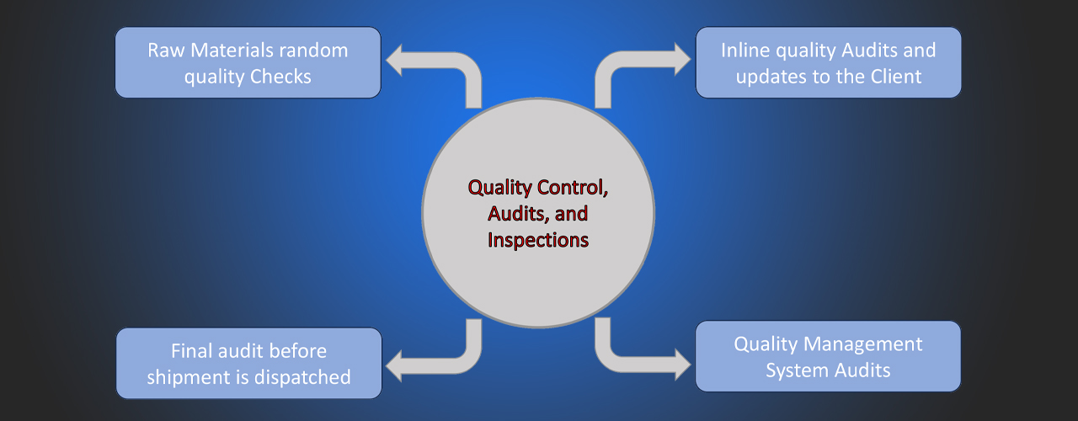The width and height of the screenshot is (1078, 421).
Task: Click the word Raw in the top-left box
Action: [x=166, y=51]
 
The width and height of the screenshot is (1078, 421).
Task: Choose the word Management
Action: [x=863, y=344]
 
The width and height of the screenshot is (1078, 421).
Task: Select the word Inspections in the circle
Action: [x=538, y=240]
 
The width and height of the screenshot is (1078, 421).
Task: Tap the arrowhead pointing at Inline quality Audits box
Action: [x=683, y=59]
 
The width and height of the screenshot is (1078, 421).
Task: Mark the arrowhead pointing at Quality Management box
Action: [x=683, y=365]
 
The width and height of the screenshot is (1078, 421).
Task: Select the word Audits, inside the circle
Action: [x=519, y=214]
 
